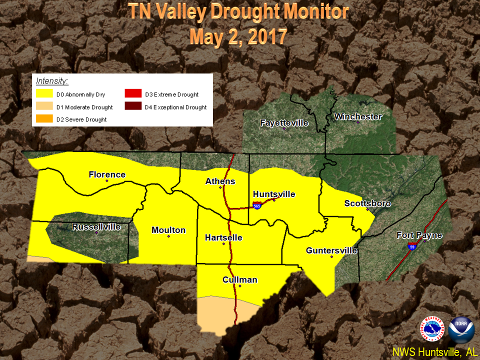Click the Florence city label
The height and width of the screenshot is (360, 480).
coord(107,174)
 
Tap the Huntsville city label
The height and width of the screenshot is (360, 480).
coord(274,194)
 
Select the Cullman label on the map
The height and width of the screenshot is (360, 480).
coord(240,279)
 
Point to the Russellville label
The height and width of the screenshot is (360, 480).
coord(96,226)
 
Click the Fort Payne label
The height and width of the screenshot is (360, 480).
coord(419,235)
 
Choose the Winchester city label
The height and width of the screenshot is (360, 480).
coord(358,116)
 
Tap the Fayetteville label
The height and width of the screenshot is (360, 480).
coord(284,122)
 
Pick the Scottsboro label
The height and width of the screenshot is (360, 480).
coord(367,203)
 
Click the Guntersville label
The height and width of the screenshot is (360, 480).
coord(331,250)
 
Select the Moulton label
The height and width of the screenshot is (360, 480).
coord(168,230)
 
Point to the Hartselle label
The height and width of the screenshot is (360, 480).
coord(223,237)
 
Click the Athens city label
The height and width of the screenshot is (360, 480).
coord(220,181)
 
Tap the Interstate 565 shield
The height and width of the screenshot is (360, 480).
coord(257,205)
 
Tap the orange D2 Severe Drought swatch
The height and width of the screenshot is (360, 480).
coord(44,119)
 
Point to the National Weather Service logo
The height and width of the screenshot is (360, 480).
coord(432,329)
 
